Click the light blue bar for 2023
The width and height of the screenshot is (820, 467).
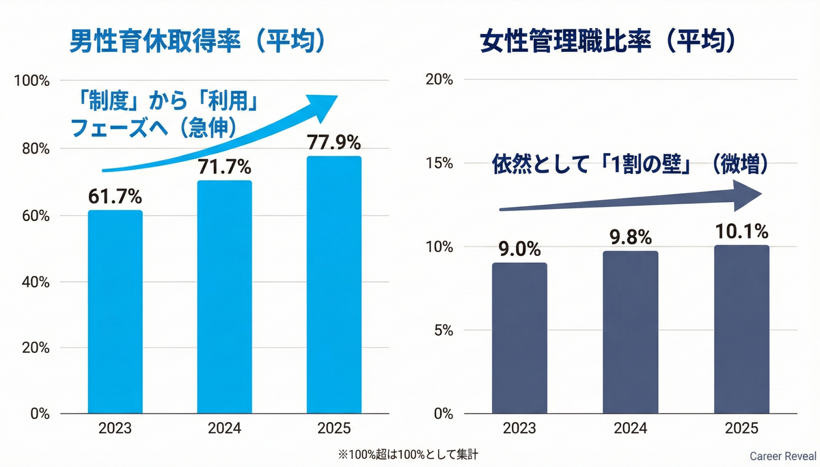[115, 312]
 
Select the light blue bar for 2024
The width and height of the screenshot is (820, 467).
[224, 298]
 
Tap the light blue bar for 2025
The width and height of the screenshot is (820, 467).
[333, 285]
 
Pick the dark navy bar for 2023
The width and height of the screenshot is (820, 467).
[519, 338]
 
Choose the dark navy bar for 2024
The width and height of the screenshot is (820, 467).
[631, 332]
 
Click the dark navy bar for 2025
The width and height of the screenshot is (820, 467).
[741, 330]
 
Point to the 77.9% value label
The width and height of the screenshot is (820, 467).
[333, 143]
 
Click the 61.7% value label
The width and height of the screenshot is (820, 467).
[115, 197]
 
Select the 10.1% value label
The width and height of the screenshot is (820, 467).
[741, 231]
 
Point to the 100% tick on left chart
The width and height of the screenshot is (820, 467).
[31, 81]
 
